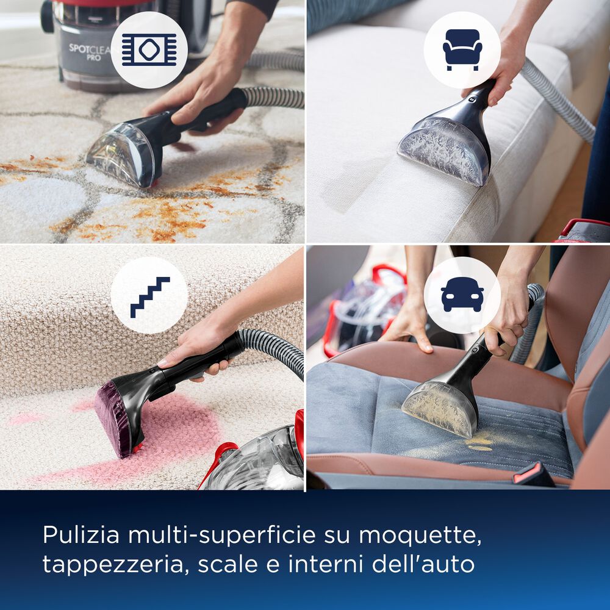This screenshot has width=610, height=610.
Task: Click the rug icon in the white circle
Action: [x=149, y=50]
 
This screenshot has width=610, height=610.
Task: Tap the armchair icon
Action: [x=462, y=50]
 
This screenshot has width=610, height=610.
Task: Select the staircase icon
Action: [x=149, y=296]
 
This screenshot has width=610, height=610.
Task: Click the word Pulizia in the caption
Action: [x=79, y=535]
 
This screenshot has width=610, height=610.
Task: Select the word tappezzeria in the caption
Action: [x=117, y=564]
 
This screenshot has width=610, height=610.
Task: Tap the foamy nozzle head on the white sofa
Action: [x=445, y=149]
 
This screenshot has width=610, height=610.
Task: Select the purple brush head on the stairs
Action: [x=116, y=421]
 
